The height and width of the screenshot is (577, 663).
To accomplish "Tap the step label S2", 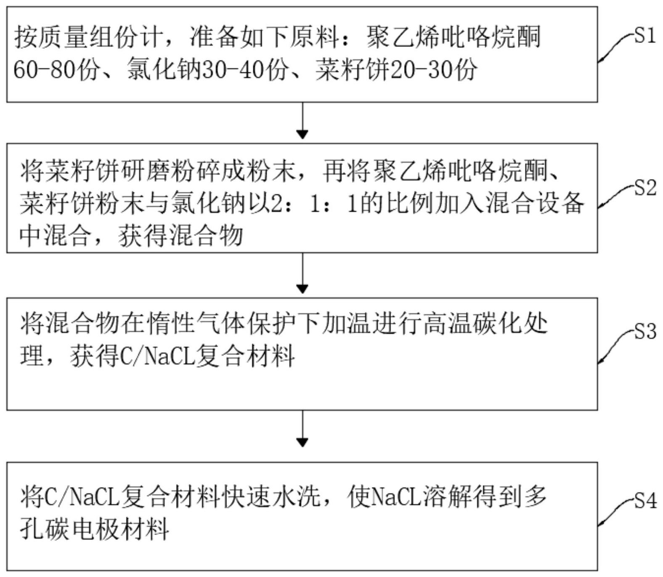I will tap(645, 188).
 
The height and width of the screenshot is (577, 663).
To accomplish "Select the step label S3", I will tap(645, 332).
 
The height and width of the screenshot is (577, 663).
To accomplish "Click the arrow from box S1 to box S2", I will tap(302, 120).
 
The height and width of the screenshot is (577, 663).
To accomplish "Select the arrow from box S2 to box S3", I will tap(302, 273).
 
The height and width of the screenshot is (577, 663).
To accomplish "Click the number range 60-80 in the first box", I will tap(45, 69).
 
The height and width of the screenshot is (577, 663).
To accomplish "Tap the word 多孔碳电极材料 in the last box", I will tap(95, 529).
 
